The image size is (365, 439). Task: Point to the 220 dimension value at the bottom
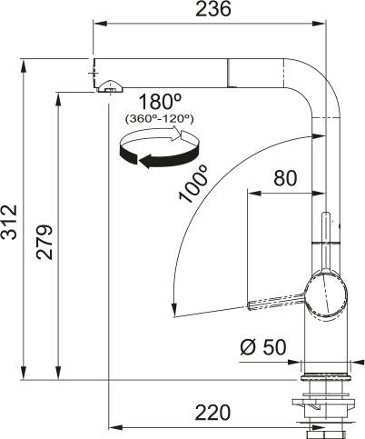coord(212,413)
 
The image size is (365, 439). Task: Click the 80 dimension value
coord(284,179)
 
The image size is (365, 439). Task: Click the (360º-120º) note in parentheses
coord(159,118)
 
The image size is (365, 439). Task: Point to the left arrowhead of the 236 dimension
coord(97,25)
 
